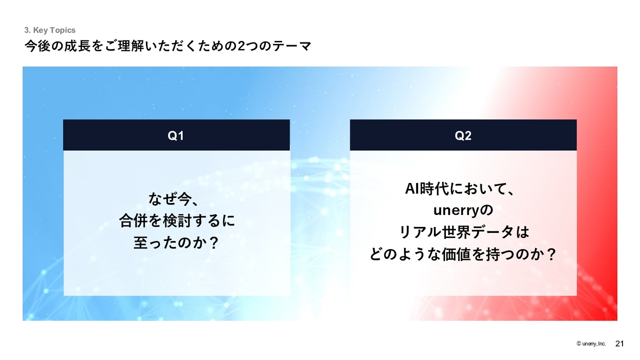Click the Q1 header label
pyautogui.click(x=175, y=135)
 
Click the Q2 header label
pyautogui.click(x=463, y=135)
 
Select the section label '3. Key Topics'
pyautogui.click(x=49, y=30)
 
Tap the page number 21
pyautogui.click(x=619, y=343)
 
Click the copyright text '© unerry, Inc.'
pyautogui.click(x=591, y=343)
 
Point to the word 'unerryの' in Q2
pyautogui.click(x=463, y=210)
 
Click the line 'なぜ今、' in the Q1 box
pyautogui.click(x=173, y=199)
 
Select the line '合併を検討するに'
pyautogui.click(x=177, y=221)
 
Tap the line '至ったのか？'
pyautogui.click(x=176, y=243)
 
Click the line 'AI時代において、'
pyautogui.click(x=459, y=189)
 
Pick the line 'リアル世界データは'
pyautogui.click(x=464, y=232)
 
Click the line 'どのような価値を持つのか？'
pyautogui.click(x=463, y=254)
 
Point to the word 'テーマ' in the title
pyautogui.click(x=291, y=46)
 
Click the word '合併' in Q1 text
pyautogui.click(x=133, y=221)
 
